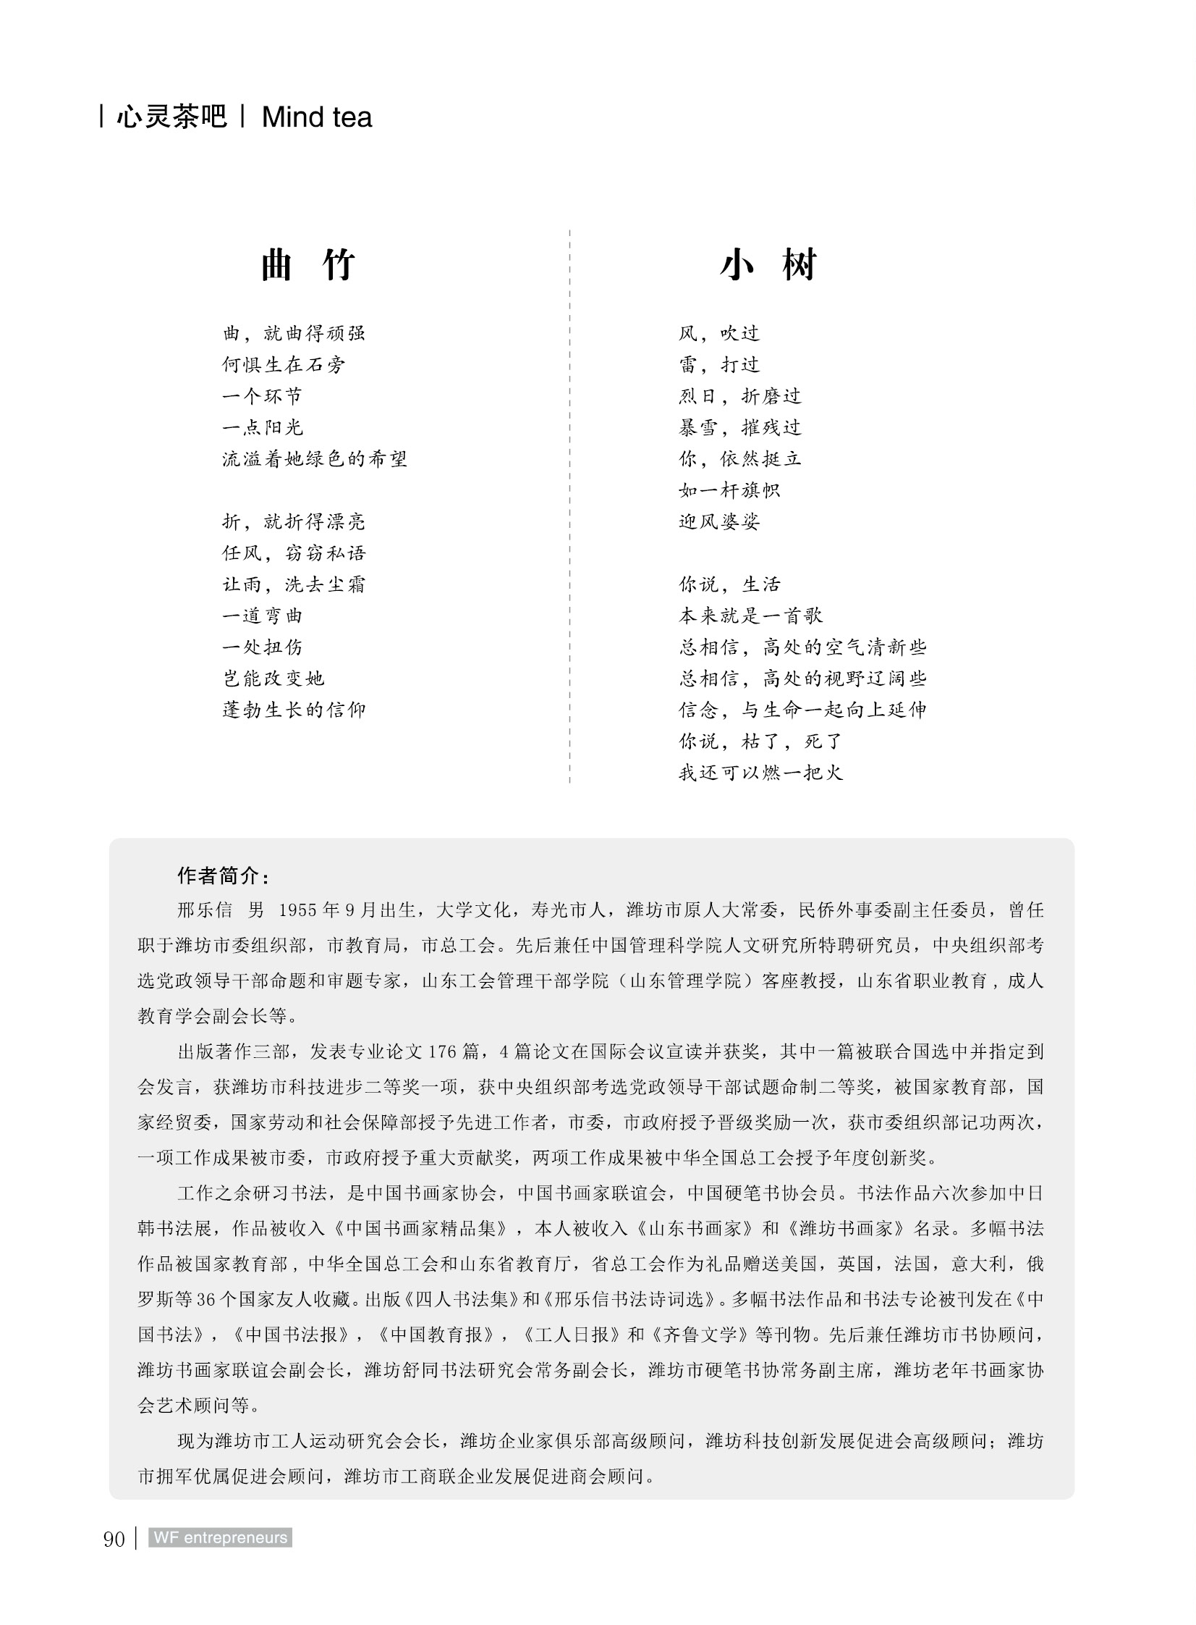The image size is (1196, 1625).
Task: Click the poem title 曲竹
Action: pyautogui.click(x=308, y=264)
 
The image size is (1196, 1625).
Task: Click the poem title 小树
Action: pyautogui.click(x=768, y=264)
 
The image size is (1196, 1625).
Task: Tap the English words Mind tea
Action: pyautogui.click(x=316, y=117)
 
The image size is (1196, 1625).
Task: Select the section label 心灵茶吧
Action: pyautogui.click(x=171, y=117)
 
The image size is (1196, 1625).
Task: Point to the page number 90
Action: pyautogui.click(x=114, y=1539)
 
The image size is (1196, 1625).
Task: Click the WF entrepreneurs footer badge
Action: pyautogui.click(x=220, y=1538)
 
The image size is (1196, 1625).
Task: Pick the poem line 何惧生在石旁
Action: pyautogui.click(x=283, y=364)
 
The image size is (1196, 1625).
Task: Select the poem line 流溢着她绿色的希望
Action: pyautogui.click(x=314, y=458)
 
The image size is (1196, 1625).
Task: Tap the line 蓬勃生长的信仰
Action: pyautogui.click(x=294, y=709)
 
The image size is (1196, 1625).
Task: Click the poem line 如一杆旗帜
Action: pyautogui.click(x=729, y=490)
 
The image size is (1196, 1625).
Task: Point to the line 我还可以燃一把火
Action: pyautogui.click(x=760, y=772)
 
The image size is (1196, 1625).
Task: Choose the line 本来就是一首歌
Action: pyautogui.click(x=750, y=616)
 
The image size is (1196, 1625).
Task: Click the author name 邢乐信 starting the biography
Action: pyautogui.click(x=204, y=910)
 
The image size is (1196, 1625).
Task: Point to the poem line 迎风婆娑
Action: pyautogui.click(x=719, y=521)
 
